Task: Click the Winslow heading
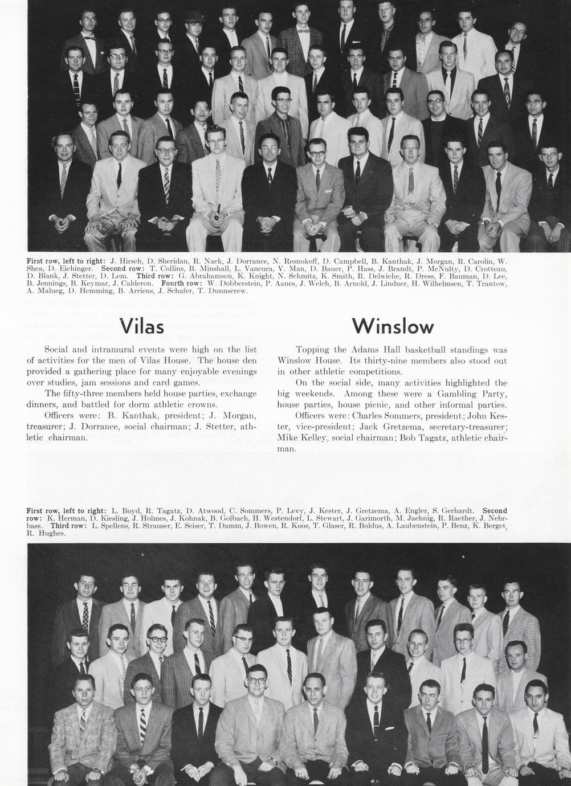pyautogui.click(x=393, y=326)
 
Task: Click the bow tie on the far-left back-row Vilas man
pyautogui.click(x=88, y=38)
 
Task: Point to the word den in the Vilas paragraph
pyautogui.click(x=250, y=361)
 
